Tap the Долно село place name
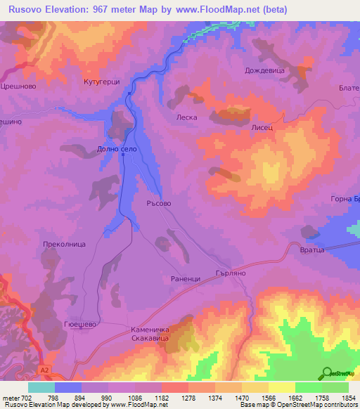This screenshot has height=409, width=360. click(115, 149)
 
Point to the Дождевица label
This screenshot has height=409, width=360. click(264, 70)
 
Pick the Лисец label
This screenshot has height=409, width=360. click(262, 129)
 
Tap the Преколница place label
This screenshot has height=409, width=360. click(64, 244)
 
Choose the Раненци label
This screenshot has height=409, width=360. click(186, 279)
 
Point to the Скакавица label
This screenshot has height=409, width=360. click(150, 338)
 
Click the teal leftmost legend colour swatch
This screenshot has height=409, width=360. click(41, 387)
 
